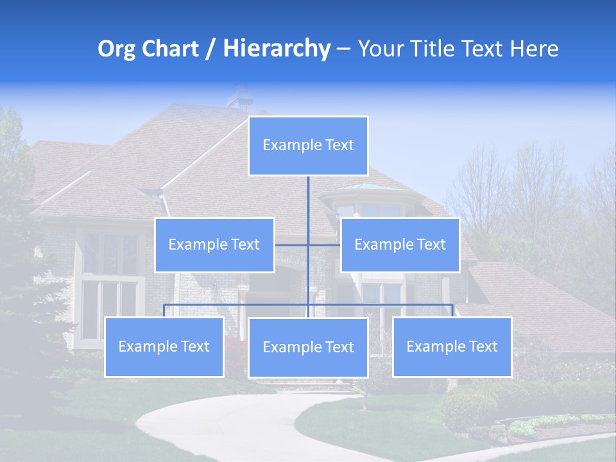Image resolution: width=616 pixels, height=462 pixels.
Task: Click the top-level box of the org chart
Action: coord(308,146)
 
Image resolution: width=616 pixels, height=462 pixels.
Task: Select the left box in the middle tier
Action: coord(214,244)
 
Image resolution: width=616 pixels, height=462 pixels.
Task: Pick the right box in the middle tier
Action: coord(400,244)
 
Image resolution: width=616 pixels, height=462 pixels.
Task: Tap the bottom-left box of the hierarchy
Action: coord(164,347)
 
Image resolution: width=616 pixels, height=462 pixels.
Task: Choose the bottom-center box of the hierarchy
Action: coord(308,348)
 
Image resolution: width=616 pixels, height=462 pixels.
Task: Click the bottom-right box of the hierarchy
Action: coord(452,347)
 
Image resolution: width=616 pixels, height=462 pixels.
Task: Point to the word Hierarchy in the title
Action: coord(277,49)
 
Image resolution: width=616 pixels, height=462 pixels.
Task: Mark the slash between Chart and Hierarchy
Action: coord(211,49)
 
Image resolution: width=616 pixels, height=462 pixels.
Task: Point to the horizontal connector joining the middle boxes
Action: coord(308,244)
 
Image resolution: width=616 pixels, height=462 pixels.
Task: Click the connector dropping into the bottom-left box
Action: coord(164,311)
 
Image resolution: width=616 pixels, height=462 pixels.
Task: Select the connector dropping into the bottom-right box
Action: coord(452,311)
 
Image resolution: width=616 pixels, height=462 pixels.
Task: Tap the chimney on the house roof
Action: coord(239,97)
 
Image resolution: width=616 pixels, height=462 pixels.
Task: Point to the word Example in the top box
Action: coord(287,146)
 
